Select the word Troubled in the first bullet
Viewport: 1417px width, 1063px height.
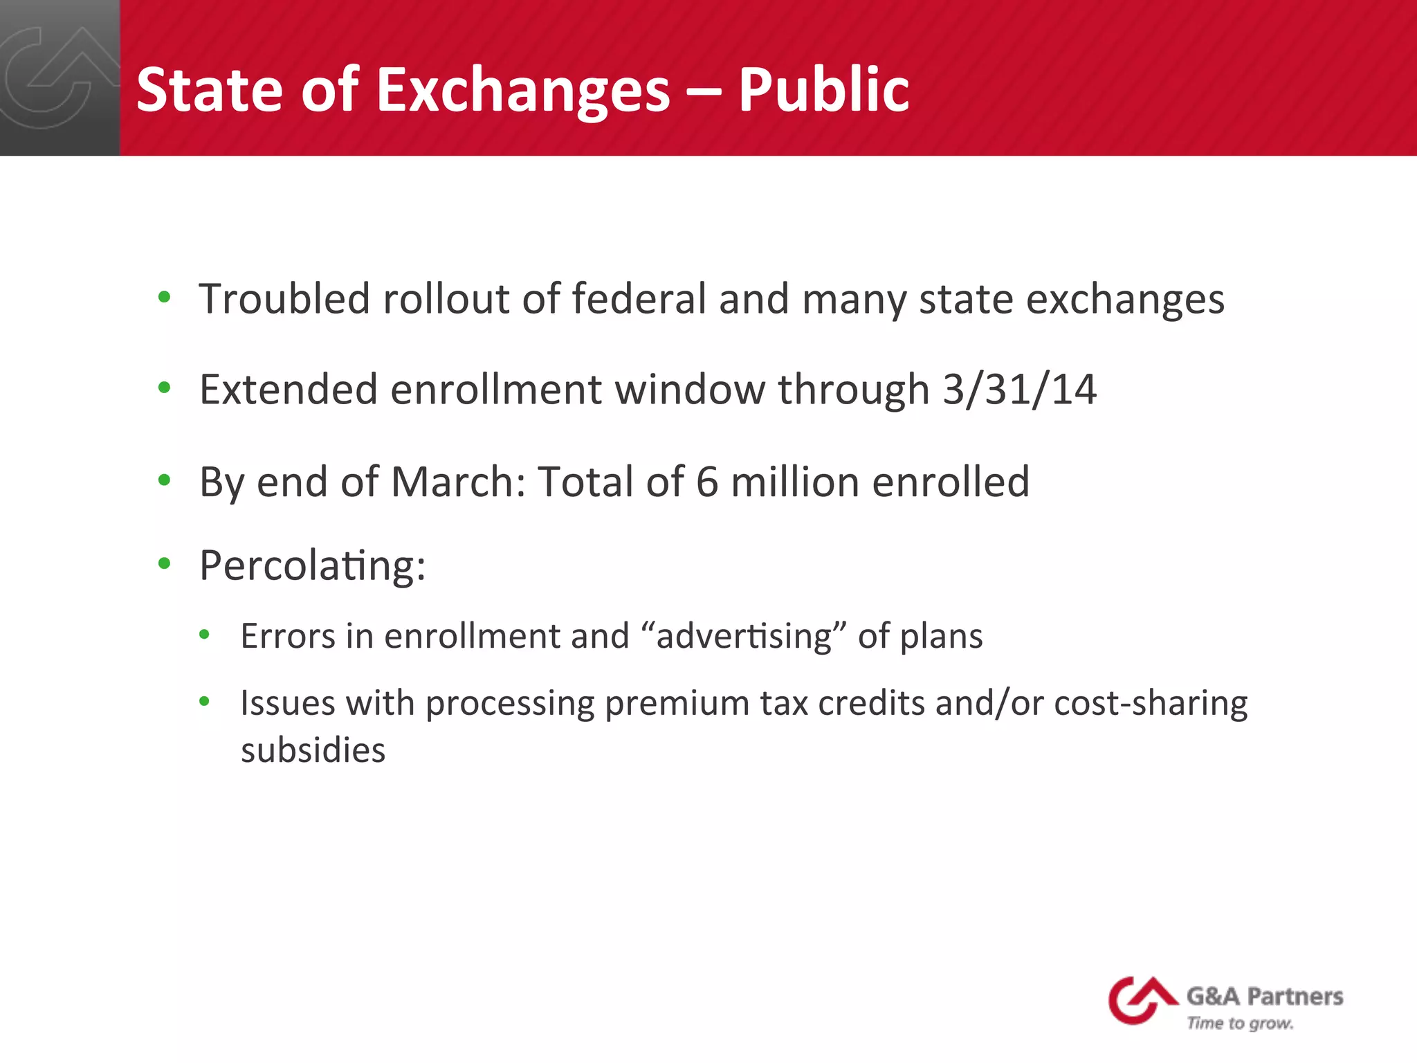pos(284,299)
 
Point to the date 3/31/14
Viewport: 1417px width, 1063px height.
pos(1020,389)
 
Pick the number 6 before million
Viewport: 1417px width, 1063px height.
pos(707,482)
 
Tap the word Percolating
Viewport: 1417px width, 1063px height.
pos(312,566)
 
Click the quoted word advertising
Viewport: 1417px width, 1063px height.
pos(743,636)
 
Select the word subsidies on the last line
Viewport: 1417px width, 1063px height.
pos(313,750)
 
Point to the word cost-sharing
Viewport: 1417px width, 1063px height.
pos(1151,704)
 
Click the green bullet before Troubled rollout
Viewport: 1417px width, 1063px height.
pos(164,298)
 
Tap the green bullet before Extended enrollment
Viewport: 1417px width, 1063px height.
pos(164,388)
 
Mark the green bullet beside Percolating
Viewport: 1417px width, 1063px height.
pos(164,563)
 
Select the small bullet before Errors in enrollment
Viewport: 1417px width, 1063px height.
pos(204,634)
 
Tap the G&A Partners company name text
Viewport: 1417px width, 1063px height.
pos(1265,997)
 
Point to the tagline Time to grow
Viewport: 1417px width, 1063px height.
pos(1240,1023)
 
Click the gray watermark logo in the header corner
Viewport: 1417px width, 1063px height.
pos(59,78)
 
